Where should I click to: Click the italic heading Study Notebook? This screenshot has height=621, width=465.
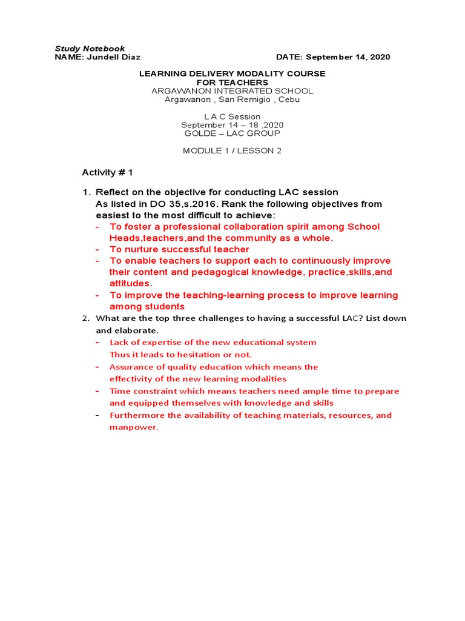90,49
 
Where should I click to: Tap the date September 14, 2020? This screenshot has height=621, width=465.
348,57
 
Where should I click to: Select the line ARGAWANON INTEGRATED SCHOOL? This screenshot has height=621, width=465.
232,91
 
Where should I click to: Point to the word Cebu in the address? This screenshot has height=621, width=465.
288,99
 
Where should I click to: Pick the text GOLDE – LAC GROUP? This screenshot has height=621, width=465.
232,133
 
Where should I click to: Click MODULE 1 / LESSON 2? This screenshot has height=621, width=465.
232,151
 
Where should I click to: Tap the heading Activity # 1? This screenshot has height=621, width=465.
107,173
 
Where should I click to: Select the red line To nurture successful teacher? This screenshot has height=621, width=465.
179,249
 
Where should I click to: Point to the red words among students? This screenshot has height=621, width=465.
147,307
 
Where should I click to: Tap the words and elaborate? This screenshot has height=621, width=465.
127,331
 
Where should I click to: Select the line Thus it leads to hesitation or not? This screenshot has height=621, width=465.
180,355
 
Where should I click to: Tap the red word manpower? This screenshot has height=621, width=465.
133,428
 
